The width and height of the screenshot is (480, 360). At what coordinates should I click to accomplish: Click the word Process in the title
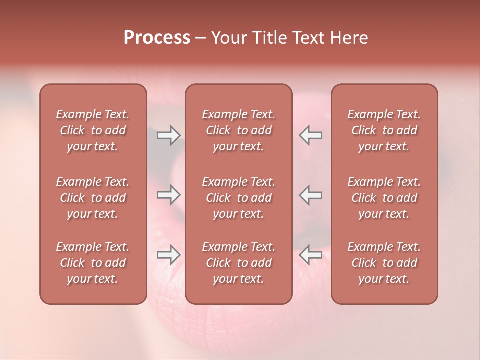click(157, 38)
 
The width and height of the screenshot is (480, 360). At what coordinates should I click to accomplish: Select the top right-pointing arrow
click(168, 135)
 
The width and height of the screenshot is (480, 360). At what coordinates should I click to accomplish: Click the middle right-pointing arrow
click(168, 195)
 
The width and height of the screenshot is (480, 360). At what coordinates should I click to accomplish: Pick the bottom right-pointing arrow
click(168, 255)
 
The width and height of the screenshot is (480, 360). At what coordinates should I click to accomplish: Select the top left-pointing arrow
click(310, 135)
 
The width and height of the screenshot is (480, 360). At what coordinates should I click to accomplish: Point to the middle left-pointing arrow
click(310, 195)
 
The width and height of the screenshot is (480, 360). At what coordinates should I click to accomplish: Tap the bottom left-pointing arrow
click(310, 255)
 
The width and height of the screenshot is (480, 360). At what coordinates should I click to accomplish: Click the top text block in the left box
click(93, 130)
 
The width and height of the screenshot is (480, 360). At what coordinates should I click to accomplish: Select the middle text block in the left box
click(93, 198)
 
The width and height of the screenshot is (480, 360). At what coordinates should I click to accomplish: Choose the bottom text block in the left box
click(93, 263)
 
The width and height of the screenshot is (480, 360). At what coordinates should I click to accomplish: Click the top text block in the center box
click(239, 130)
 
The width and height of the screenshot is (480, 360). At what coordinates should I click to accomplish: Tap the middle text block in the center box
click(239, 198)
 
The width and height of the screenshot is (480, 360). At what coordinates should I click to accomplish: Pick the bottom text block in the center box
click(239, 263)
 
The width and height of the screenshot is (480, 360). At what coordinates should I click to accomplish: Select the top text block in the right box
click(384, 130)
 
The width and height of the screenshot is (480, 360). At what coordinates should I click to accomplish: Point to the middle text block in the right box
click(384, 198)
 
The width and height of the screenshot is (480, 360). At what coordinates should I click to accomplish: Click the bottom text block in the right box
click(384, 263)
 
